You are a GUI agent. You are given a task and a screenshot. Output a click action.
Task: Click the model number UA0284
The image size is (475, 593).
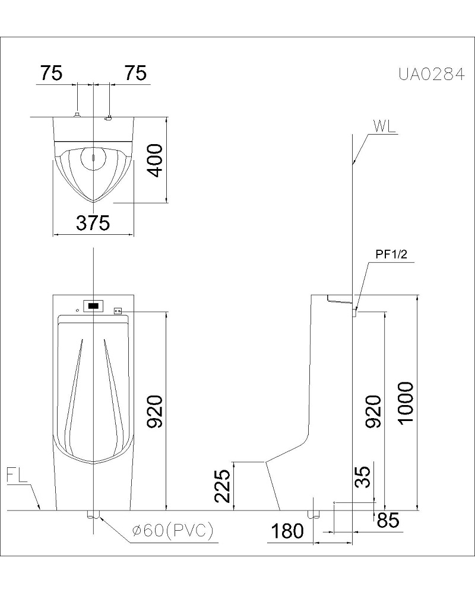[x=431, y=75]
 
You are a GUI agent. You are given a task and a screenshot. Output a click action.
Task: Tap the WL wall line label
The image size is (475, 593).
[x=384, y=126]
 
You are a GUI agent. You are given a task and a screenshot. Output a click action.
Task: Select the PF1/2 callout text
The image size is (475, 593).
[x=391, y=254]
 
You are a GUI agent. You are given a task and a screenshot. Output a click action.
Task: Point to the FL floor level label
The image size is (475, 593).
[x=17, y=476]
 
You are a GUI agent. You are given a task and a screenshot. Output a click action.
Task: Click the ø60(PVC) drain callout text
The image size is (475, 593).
[x=173, y=530]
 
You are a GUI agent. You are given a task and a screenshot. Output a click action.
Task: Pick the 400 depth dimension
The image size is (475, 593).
[x=155, y=160]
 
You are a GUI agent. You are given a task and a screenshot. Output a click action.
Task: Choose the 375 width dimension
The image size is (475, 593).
[x=93, y=223]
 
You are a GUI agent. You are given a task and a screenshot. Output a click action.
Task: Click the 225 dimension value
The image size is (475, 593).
[x=222, y=486]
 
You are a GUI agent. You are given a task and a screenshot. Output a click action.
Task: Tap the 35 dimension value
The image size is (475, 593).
[x=363, y=477]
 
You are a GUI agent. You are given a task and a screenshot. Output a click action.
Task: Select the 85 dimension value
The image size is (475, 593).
[x=388, y=521]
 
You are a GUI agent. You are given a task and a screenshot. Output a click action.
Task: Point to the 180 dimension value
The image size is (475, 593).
[x=287, y=531]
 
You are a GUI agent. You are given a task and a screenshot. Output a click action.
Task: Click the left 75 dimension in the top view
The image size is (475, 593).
[x=52, y=73]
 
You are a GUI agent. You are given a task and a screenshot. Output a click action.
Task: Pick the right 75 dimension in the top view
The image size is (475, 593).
[x=135, y=73]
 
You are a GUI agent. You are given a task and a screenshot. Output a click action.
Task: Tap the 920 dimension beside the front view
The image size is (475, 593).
[x=155, y=412]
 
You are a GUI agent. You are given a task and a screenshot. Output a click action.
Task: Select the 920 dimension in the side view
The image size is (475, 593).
[x=372, y=412]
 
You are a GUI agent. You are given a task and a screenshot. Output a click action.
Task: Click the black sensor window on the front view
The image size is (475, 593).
[x=93, y=305]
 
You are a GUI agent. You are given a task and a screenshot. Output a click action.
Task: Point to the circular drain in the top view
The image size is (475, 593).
[x=93, y=158]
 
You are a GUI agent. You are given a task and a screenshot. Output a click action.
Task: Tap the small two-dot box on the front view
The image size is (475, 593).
[x=118, y=311]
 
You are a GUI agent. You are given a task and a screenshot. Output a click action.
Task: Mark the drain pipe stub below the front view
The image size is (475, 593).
[x=93, y=514]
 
